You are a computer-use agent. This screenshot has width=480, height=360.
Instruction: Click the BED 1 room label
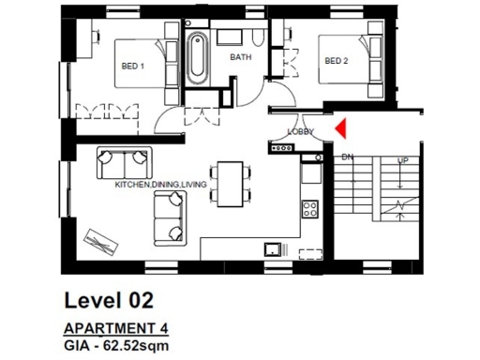click(x=132, y=66)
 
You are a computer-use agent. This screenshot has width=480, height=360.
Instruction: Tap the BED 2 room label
click(x=336, y=61)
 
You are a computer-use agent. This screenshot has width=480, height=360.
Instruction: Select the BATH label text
click(x=242, y=56)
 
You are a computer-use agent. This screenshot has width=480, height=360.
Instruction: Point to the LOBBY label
click(x=300, y=131)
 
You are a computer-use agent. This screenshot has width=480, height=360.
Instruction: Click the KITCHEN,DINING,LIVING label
click(x=161, y=185)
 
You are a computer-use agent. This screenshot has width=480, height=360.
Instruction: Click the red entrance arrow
click(x=339, y=126)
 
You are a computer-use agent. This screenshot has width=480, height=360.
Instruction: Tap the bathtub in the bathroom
click(x=197, y=58)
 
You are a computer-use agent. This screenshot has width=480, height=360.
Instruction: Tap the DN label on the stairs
click(x=347, y=157)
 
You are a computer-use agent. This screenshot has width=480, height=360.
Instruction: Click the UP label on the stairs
click(x=403, y=160)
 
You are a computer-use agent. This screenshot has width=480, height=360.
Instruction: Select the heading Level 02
click(x=108, y=300)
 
